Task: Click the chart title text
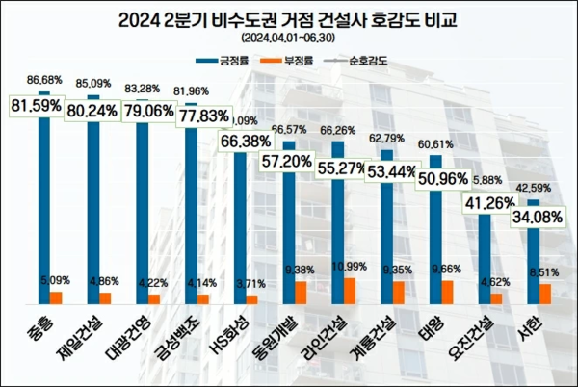(x=288, y=18)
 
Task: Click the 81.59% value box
(x=38, y=104)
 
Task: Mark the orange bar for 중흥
(x=56, y=297)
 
